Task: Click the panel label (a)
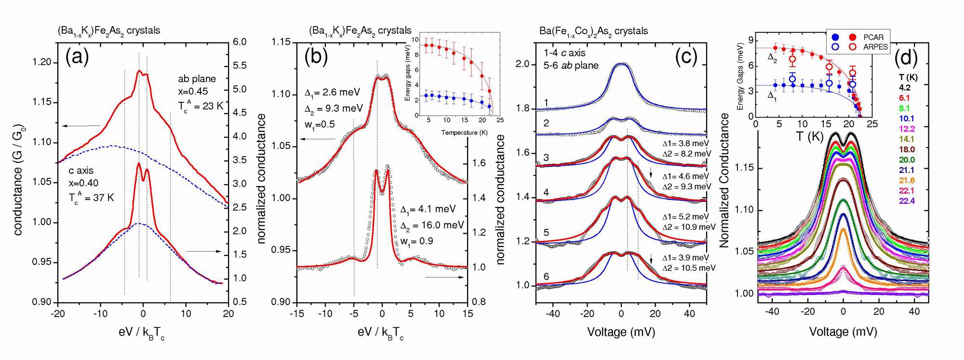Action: tap(77, 57)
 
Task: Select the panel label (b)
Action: tap(316, 57)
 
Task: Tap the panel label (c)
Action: tap(686, 57)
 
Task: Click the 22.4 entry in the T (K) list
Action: tap(907, 201)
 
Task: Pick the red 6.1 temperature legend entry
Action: tap(904, 98)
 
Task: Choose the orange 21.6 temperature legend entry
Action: tap(907, 180)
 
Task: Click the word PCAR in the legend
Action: tap(873, 37)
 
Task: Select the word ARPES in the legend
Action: tap(875, 47)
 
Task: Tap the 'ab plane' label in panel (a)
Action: tap(197, 79)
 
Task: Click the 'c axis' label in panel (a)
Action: tap(81, 171)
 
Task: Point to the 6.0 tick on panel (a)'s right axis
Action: tap(240, 42)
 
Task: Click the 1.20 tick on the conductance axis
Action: tap(42, 62)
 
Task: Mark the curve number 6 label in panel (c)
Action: tap(546, 277)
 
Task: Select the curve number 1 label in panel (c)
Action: tap(546, 102)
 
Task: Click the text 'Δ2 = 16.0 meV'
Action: tap(431, 225)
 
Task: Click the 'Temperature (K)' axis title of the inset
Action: tap(464, 133)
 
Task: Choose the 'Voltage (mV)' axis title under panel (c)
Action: tap(621, 332)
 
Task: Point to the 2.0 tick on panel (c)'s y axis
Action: tap(522, 64)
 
